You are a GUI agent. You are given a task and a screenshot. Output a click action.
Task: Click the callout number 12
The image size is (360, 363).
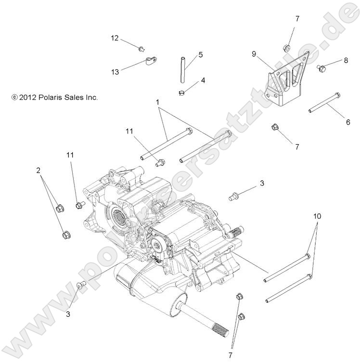(114, 38)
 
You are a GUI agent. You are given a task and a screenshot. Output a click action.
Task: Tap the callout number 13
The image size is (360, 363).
(115, 72)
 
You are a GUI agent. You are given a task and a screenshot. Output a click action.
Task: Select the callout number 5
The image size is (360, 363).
(200, 54)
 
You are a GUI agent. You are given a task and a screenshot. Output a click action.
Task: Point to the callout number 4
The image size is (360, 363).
(203, 80)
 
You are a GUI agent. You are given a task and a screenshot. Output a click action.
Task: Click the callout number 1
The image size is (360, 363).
(157, 102)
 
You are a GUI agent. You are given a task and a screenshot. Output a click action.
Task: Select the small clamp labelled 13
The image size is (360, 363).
(151, 61)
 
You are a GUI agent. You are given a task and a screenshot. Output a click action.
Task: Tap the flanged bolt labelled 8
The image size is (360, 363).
(321, 68)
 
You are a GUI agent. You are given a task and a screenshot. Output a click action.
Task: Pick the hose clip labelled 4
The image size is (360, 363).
(181, 92)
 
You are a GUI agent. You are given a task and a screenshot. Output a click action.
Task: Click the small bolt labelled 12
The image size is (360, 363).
(141, 48)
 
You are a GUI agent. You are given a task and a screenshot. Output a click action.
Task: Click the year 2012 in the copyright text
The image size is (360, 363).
(28, 97)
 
